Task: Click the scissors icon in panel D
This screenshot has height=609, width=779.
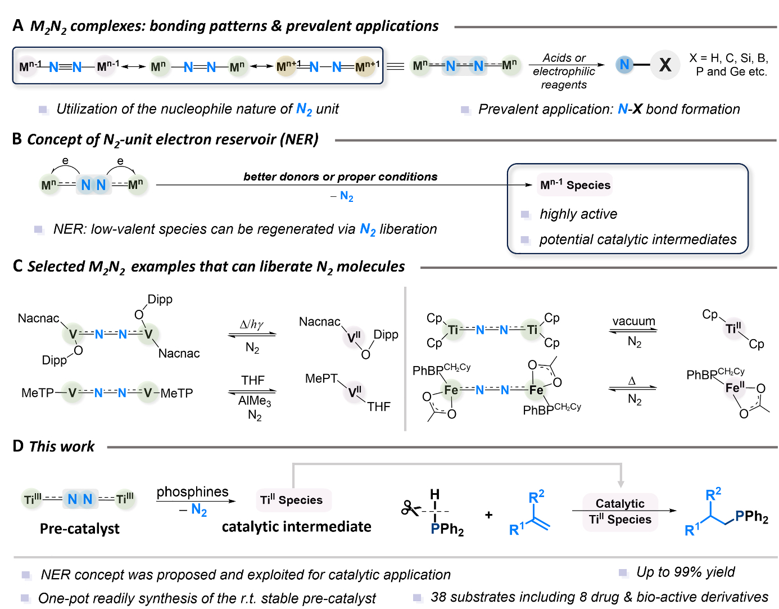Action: [x=410, y=508]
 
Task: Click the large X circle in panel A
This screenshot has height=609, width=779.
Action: [x=665, y=65]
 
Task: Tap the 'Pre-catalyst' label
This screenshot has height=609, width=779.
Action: [x=80, y=528]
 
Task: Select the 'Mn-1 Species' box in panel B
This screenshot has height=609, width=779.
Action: [x=574, y=184]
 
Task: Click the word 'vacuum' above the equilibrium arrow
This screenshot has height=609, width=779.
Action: [x=633, y=321]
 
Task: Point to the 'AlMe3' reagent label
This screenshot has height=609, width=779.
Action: [x=255, y=400]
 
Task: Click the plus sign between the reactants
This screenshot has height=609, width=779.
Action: [x=488, y=515]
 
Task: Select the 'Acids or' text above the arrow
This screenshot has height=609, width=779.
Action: [x=564, y=58]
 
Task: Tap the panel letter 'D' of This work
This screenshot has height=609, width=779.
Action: [x=18, y=446]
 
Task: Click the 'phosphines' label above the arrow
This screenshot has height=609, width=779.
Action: [x=193, y=491]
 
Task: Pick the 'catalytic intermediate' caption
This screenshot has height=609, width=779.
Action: [x=296, y=526]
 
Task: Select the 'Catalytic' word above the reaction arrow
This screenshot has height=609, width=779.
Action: [x=620, y=503]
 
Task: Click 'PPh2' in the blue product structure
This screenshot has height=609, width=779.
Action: [x=751, y=517]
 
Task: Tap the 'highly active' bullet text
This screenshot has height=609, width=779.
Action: [x=578, y=214]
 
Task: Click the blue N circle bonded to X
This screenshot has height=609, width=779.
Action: [x=624, y=65]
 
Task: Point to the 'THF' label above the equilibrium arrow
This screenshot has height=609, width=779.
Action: [x=253, y=380]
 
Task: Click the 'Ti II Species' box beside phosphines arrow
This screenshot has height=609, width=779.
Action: [x=293, y=500]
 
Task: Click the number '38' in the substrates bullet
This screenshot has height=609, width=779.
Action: [x=438, y=597]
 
